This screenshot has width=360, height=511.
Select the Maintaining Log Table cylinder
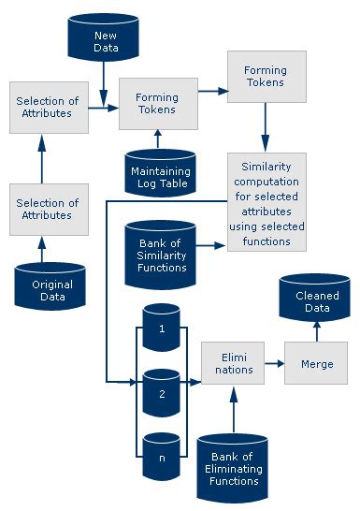coord(160,175)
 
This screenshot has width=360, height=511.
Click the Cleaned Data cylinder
coord(316,300)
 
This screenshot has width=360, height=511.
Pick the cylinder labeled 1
coord(160,328)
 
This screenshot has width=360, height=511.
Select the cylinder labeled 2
coord(160,393)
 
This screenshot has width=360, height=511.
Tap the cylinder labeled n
coord(160,456)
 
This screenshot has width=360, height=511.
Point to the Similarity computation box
coord(266,201)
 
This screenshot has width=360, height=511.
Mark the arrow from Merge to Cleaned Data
coord(316,330)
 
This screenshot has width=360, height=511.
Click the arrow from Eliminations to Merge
coord(274,362)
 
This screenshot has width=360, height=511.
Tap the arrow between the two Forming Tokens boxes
coord(212,91)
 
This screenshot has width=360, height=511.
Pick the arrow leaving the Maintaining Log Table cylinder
coord(158,139)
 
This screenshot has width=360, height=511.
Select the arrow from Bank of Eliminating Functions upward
coord(233,411)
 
